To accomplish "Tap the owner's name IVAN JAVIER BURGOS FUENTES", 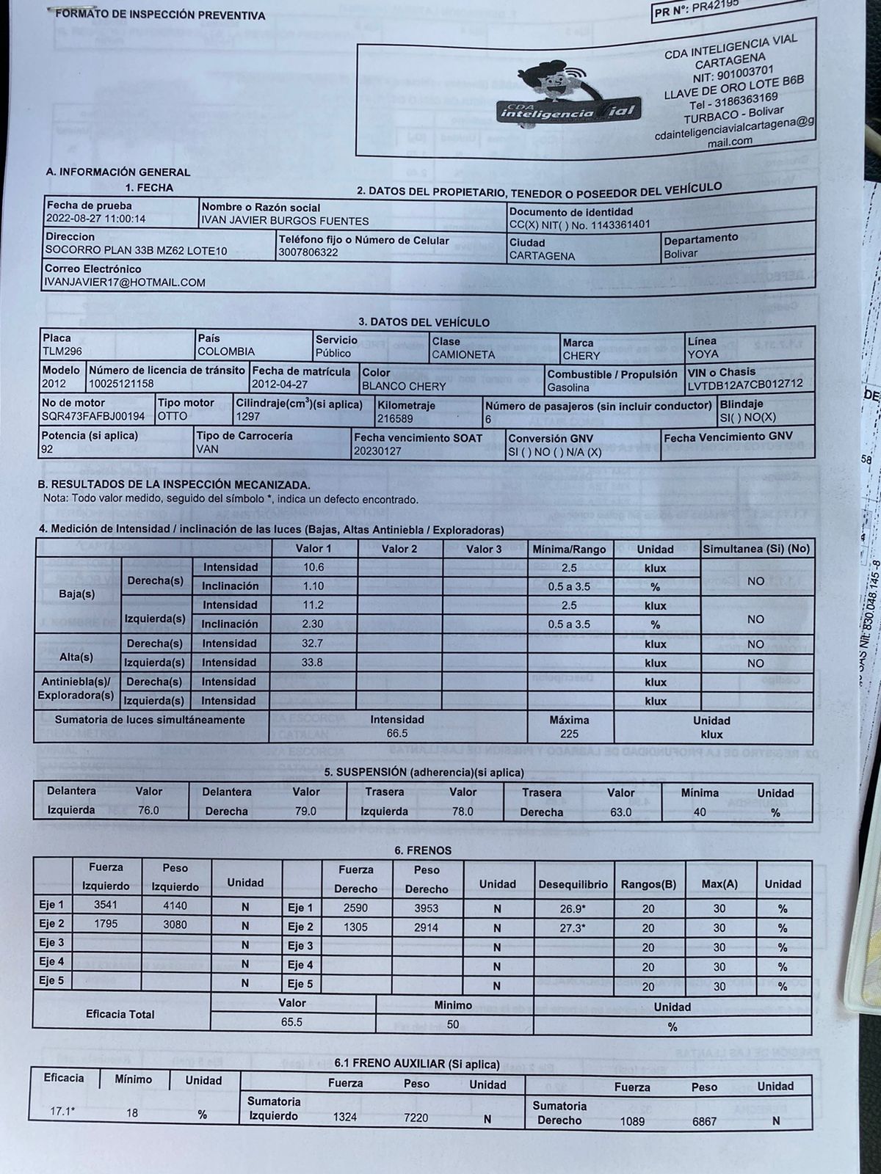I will click(x=285, y=220).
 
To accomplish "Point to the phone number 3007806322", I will click(x=308, y=252).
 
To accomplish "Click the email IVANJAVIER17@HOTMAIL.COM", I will click(x=125, y=282).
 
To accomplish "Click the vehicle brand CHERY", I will click(x=581, y=355).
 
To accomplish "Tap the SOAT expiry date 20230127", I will click(x=377, y=451).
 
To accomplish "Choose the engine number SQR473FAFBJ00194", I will click(x=93, y=416).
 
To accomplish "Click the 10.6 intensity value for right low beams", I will click(x=313, y=567).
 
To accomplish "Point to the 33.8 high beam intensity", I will click(x=313, y=663).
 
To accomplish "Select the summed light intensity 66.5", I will click(x=397, y=733).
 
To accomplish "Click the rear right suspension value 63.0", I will click(x=620, y=812).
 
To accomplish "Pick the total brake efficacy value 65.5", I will click(x=291, y=1021).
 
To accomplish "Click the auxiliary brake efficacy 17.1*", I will click(x=62, y=1112).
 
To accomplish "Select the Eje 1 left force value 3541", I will click(x=106, y=905).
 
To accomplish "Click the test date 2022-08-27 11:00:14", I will click(x=95, y=219).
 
